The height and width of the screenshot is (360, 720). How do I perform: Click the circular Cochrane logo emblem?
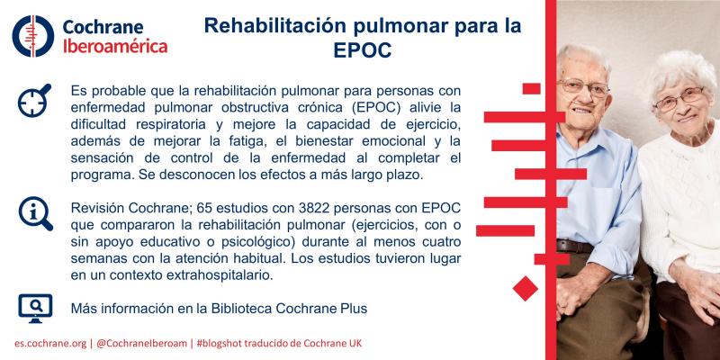[33, 36]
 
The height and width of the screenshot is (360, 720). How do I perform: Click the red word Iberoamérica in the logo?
[115, 47]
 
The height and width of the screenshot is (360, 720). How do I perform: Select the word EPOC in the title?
[363, 50]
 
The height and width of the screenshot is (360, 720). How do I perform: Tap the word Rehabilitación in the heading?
[275, 26]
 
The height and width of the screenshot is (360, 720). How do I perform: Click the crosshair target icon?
[34, 100]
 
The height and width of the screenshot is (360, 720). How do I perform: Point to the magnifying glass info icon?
[35, 213]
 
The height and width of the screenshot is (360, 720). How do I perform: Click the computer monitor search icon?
[35, 308]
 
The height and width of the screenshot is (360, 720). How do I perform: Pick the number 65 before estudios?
[204, 208]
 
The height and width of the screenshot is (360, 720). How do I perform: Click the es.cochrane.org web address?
[50, 344]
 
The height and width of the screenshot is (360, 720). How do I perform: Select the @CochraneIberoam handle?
[141, 344]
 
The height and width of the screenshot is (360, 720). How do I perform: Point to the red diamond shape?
[526, 288]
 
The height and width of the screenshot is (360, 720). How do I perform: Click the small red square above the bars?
[531, 88]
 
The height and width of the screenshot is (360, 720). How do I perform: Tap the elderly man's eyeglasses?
[583, 87]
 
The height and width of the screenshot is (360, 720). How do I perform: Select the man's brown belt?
[575, 247]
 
